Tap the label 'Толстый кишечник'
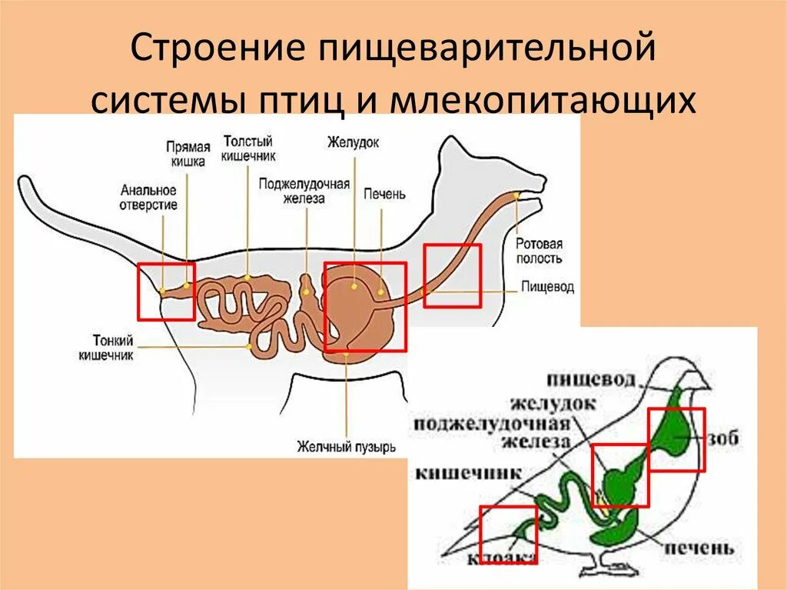point(247,148)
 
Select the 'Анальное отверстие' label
point(148,198)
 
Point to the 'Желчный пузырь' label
point(347,446)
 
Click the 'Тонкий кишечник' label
point(106,348)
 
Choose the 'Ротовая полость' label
point(539,252)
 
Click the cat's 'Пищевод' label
point(547,287)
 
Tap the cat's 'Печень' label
point(384,194)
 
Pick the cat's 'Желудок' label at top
point(354,142)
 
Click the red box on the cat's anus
point(166,291)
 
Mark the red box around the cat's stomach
point(365,307)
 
